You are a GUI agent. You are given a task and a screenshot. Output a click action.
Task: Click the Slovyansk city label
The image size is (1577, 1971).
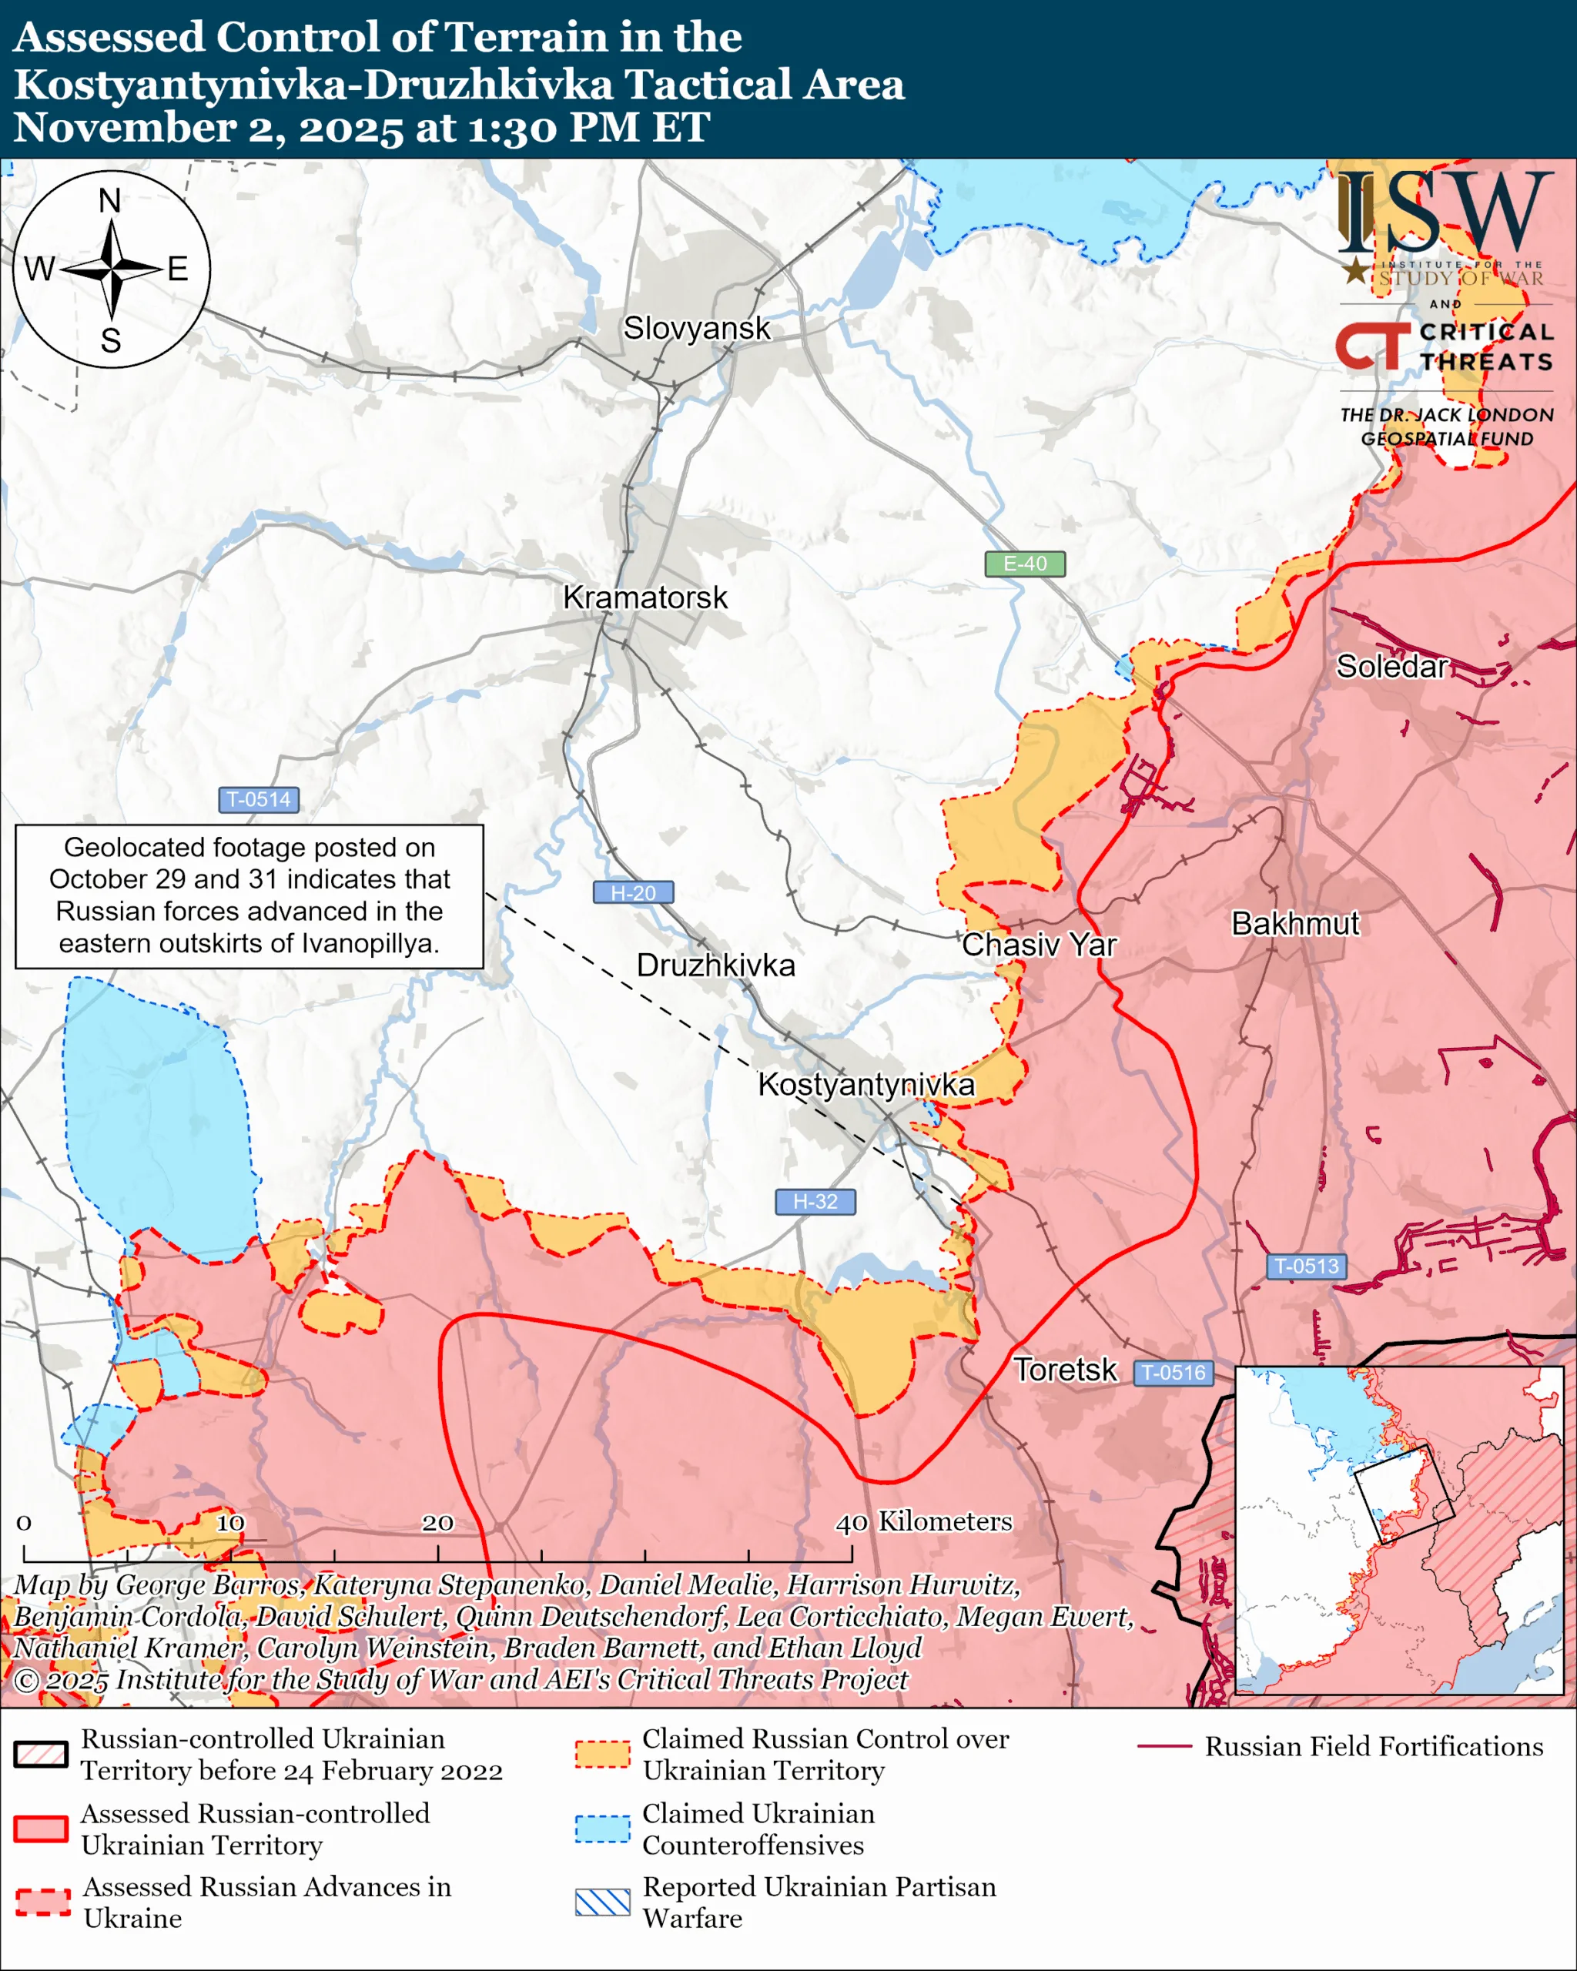coord(697,328)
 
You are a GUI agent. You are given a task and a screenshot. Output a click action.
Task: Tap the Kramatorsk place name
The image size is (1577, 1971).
coord(645,598)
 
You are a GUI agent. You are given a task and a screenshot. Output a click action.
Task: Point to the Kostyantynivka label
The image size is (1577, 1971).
coord(866,1084)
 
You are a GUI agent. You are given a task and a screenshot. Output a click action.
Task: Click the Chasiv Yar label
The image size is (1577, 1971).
coord(1039,945)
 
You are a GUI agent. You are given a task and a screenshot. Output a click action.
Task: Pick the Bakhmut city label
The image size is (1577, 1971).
coord(1294,923)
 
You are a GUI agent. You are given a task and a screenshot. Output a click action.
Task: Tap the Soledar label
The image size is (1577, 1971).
coord(1391,667)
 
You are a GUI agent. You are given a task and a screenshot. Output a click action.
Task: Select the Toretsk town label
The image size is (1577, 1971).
coord(1065,1370)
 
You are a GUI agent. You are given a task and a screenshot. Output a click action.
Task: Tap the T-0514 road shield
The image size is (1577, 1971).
coord(259,799)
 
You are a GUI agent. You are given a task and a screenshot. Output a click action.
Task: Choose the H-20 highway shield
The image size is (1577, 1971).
coord(633,892)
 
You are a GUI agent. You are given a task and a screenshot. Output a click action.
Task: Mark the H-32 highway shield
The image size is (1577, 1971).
coord(815,1201)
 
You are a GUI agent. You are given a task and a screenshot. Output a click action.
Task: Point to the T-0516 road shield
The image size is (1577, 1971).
coord(1173,1372)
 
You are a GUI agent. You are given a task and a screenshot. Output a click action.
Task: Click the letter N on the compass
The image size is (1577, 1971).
coord(109,200)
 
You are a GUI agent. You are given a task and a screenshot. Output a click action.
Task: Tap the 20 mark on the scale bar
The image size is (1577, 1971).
coord(437,1522)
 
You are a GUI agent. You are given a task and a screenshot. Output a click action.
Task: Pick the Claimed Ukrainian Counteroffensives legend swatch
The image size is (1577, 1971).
coord(602,1829)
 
